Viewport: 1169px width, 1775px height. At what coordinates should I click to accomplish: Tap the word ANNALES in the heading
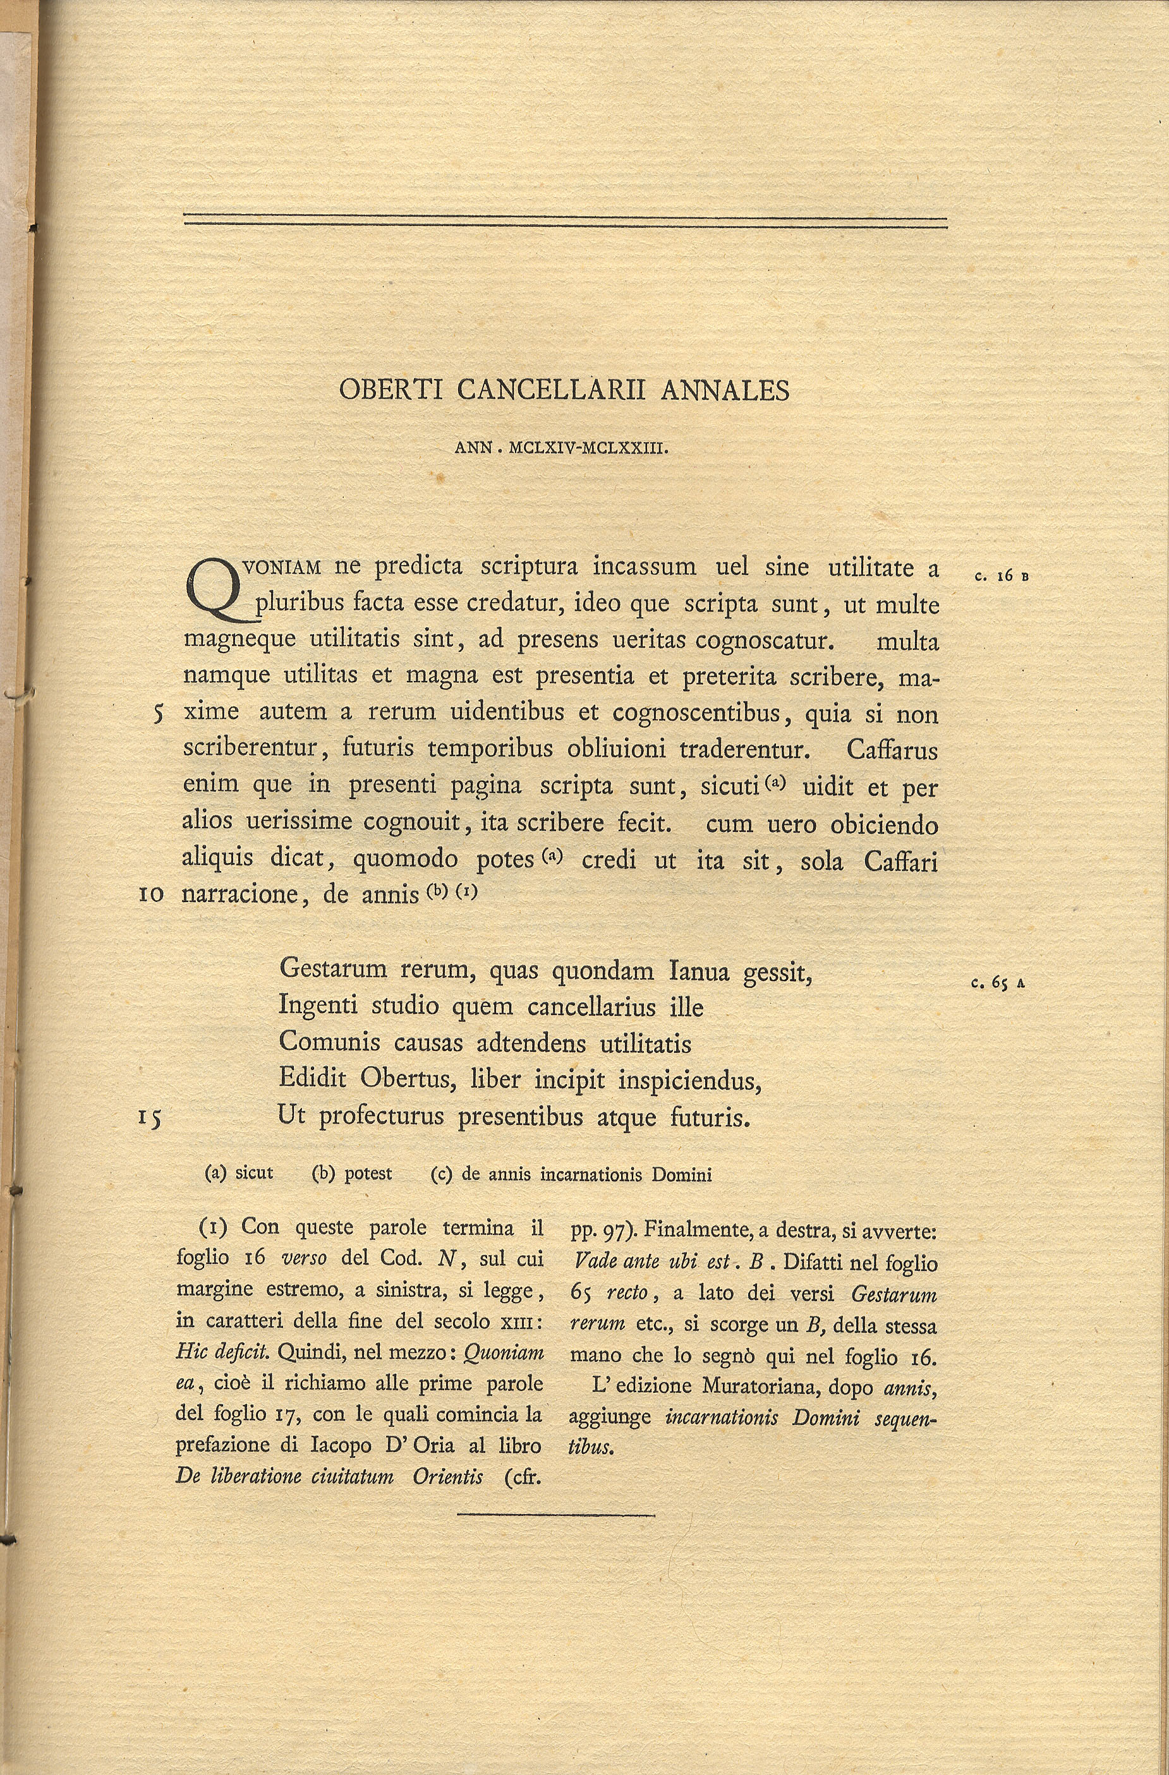pos(724,389)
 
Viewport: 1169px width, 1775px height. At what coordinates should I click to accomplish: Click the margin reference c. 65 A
pos(998,983)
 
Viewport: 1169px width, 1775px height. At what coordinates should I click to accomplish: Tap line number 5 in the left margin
pos(157,714)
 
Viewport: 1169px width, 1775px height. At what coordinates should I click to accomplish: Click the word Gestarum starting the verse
pos(334,970)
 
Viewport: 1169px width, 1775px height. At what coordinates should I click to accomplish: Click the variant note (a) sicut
pos(239,1173)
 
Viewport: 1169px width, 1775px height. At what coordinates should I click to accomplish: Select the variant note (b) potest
pos(351,1173)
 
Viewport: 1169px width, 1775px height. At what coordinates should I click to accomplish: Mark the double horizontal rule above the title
pos(565,220)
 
